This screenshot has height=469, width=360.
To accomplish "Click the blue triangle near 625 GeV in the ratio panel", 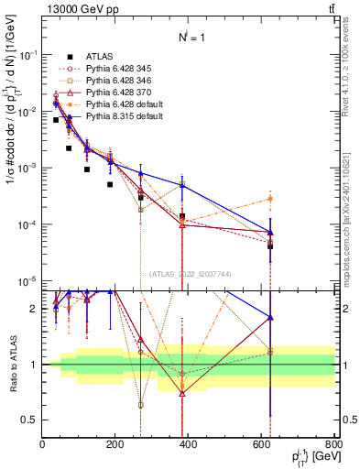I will click(270, 317).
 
